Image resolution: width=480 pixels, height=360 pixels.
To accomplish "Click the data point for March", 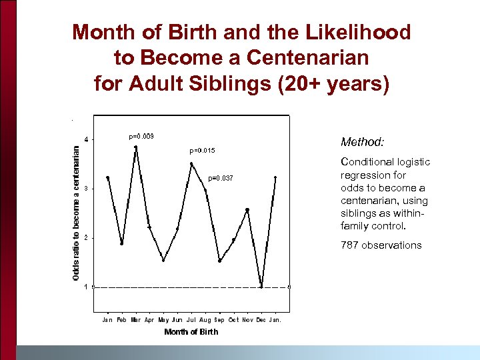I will (x=135, y=147).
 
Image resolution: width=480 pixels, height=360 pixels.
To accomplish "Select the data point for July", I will (x=191, y=163).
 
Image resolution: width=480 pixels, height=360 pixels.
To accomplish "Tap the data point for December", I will (x=261, y=287).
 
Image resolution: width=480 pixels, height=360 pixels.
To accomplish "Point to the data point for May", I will (x=163, y=260).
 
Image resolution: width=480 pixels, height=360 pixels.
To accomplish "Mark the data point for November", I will (x=247, y=209).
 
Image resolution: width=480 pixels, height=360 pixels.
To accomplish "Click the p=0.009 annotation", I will (x=141, y=136).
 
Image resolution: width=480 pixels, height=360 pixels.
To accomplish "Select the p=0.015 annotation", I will (x=203, y=151).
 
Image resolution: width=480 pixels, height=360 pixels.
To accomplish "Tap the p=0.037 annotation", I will (x=221, y=178).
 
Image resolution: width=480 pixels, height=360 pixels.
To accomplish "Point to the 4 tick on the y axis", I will (x=85, y=139).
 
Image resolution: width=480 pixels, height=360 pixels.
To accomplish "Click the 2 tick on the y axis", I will (x=85, y=238).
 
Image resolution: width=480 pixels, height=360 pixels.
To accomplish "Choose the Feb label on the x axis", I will (x=121, y=320).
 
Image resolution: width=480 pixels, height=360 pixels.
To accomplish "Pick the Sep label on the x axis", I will (x=219, y=320).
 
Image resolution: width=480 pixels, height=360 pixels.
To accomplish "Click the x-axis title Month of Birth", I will (x=191, y=332).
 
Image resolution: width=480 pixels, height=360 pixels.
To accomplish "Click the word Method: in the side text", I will (x=363, y=142).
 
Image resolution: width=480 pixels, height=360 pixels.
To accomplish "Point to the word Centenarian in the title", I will (x=307, y=58).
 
